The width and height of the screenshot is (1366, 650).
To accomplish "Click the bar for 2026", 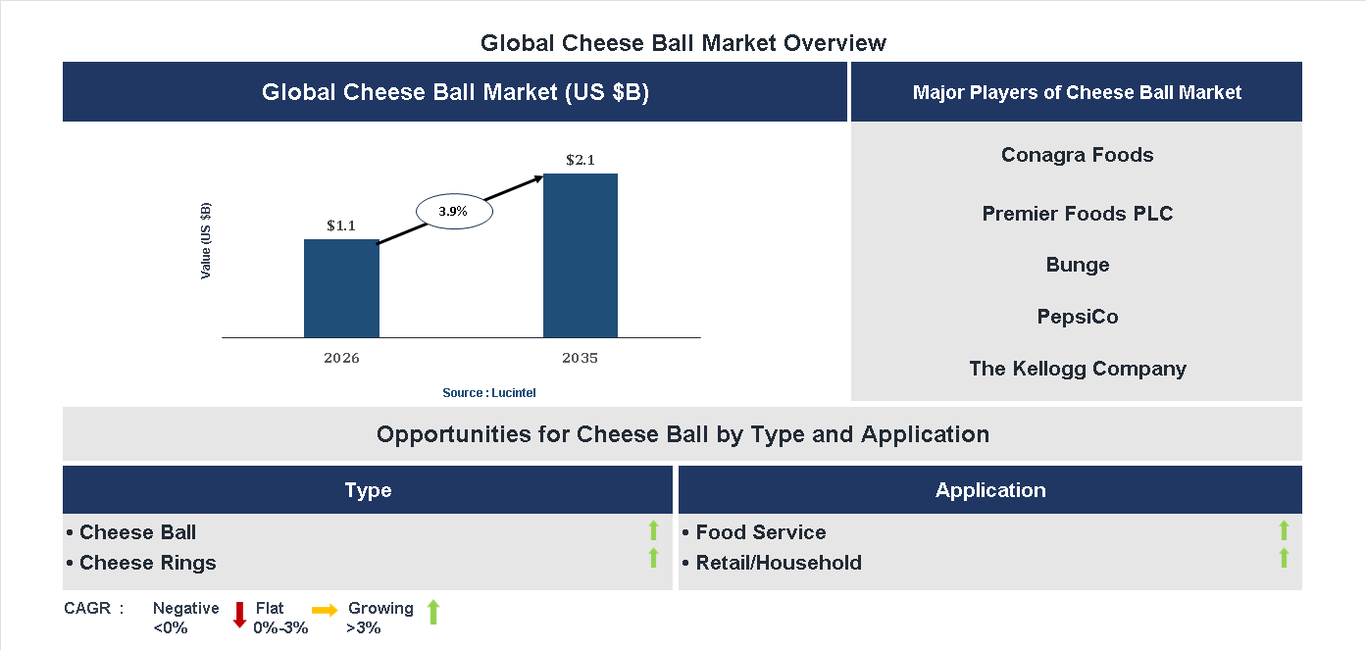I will click(341, 288).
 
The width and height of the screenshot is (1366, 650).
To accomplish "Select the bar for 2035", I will click(581, 256).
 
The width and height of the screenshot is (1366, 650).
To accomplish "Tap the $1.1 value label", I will click(341, 225).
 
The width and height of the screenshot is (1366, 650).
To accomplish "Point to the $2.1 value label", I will click(581, 160).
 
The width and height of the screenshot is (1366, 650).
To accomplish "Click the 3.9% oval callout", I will click(453, 211).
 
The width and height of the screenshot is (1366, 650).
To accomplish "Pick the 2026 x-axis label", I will click(341, 358).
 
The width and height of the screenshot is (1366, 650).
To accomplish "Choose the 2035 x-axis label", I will click(580, 358).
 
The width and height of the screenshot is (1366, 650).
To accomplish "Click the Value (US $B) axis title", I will click(206, 240).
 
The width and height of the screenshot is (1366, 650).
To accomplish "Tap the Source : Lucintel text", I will click(488, 393).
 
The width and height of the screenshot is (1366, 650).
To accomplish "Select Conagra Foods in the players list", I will click(1077, 155).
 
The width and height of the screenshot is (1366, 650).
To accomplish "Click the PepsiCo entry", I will click(1077, 317).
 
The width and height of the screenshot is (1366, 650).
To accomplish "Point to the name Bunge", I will click(1077, 265).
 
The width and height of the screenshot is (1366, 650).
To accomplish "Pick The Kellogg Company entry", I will click(1077, 369).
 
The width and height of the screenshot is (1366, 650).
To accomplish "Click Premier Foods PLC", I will click(1077, 214).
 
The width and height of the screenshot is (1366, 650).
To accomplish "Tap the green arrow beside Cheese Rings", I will click(653, 559).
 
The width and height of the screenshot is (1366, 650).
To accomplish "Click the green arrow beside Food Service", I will click(1284, 531).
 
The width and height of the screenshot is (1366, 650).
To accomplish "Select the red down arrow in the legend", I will click(239, 615).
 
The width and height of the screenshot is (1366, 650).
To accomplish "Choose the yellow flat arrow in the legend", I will click(325, 610).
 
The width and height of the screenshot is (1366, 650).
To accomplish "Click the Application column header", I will click(989, 490).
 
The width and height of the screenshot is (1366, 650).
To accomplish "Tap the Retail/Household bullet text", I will click(779, 563).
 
